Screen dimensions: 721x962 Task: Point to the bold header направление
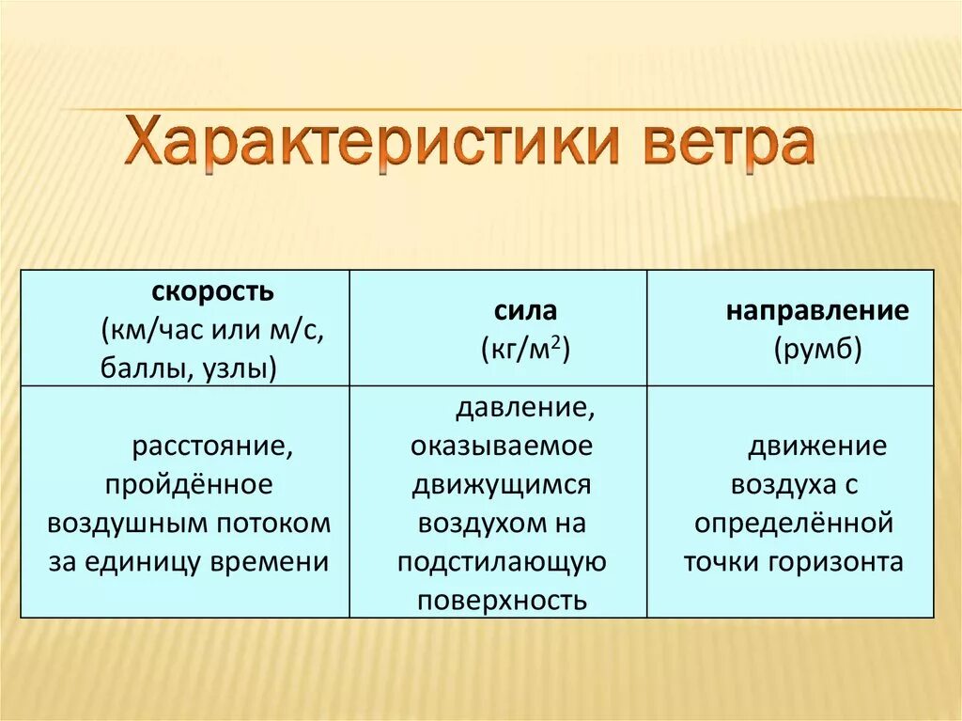816,312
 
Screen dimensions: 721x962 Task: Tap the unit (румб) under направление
818,350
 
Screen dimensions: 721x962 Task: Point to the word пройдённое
189,485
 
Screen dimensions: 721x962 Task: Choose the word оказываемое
501,447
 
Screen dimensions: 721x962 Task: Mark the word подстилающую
501,562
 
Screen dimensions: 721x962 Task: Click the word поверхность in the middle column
503,601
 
